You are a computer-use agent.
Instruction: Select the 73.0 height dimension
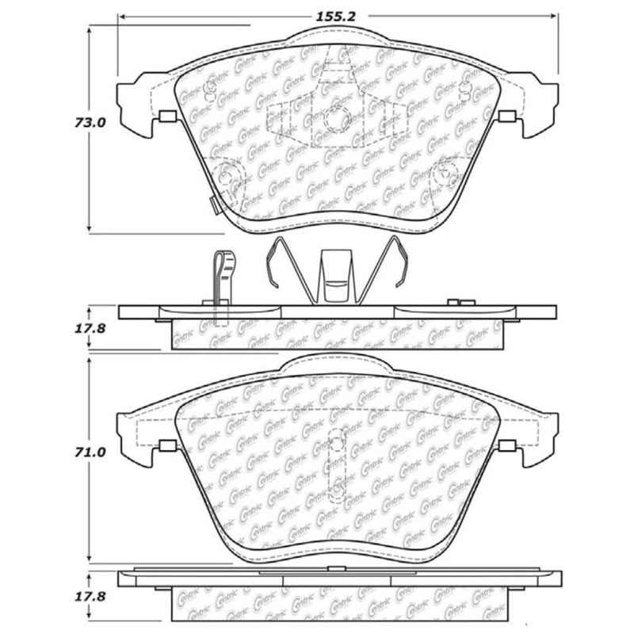(x=67, y=123)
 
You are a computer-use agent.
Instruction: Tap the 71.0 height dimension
(x=67, y=453)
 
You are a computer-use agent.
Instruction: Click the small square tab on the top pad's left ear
(x=166, y=118)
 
